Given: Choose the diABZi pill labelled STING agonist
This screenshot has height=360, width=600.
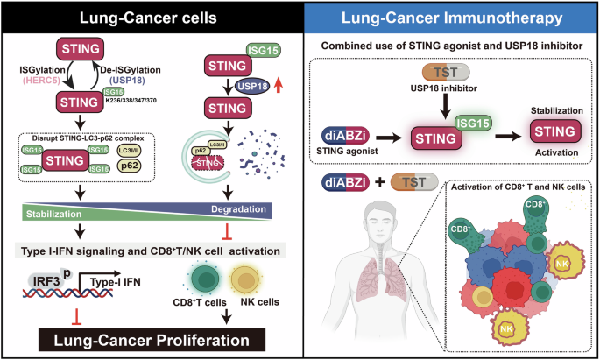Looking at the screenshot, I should click(350, 136).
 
